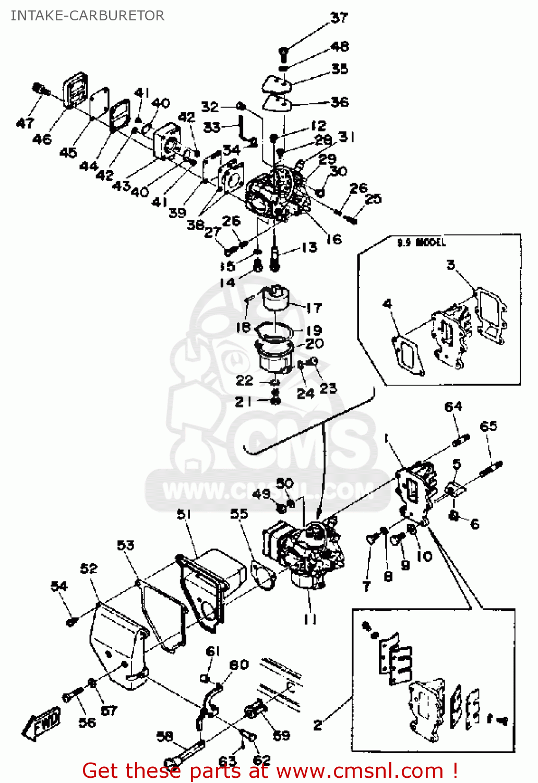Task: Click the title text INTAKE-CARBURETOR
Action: point(87,16)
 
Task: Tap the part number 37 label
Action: point(339,18)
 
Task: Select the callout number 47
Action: point(25,124)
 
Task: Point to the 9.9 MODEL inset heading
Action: point(422,243)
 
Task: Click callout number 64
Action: point(453,407)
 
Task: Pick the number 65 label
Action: point(488,426)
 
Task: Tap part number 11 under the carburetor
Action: point(310,619)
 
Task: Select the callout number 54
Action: point(59,586)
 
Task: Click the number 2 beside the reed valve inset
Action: point(318,725)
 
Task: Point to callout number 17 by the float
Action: point(314,308)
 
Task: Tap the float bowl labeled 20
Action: point(274,358)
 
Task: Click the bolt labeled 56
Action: point(71,696)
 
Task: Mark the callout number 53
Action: point(126,545)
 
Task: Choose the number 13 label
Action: point(309,247)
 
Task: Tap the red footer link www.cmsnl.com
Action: point(360,770)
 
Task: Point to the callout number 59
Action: point(281,735)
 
